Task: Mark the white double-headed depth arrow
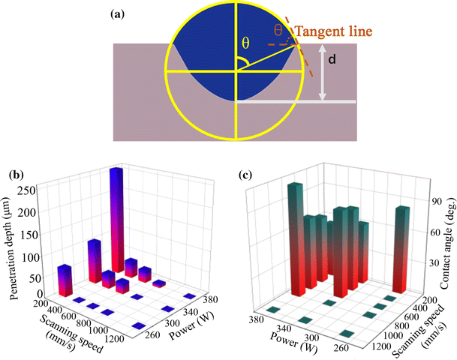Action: [x=322, y=72]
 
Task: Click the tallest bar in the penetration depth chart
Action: [x=116, y=217]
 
